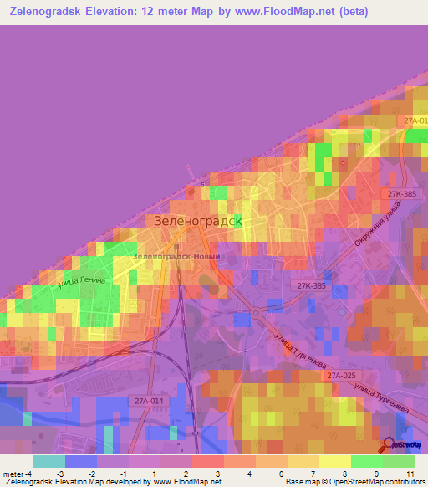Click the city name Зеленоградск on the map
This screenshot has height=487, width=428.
coord(198,221)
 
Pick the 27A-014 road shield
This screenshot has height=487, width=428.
coord(148,401)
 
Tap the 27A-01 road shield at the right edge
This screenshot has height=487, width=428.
coord(415,121)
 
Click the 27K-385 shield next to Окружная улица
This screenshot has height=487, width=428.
coord(401,194)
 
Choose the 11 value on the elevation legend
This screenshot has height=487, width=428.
coord(411,473)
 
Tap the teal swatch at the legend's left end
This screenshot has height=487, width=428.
coord(48,461)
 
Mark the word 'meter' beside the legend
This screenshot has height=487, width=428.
coord(10,473)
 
